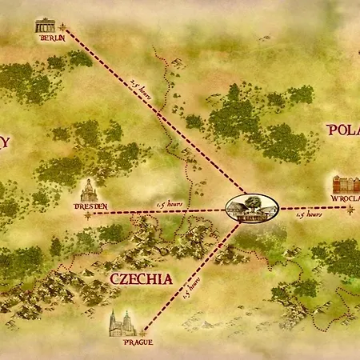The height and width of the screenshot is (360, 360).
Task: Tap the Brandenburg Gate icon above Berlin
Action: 46,25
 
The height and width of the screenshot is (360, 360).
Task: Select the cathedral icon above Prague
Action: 122,323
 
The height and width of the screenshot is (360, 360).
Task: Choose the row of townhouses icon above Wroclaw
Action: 346,184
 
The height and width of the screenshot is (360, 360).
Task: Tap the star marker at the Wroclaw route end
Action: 350,208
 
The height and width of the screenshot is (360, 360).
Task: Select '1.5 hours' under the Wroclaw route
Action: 309,214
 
